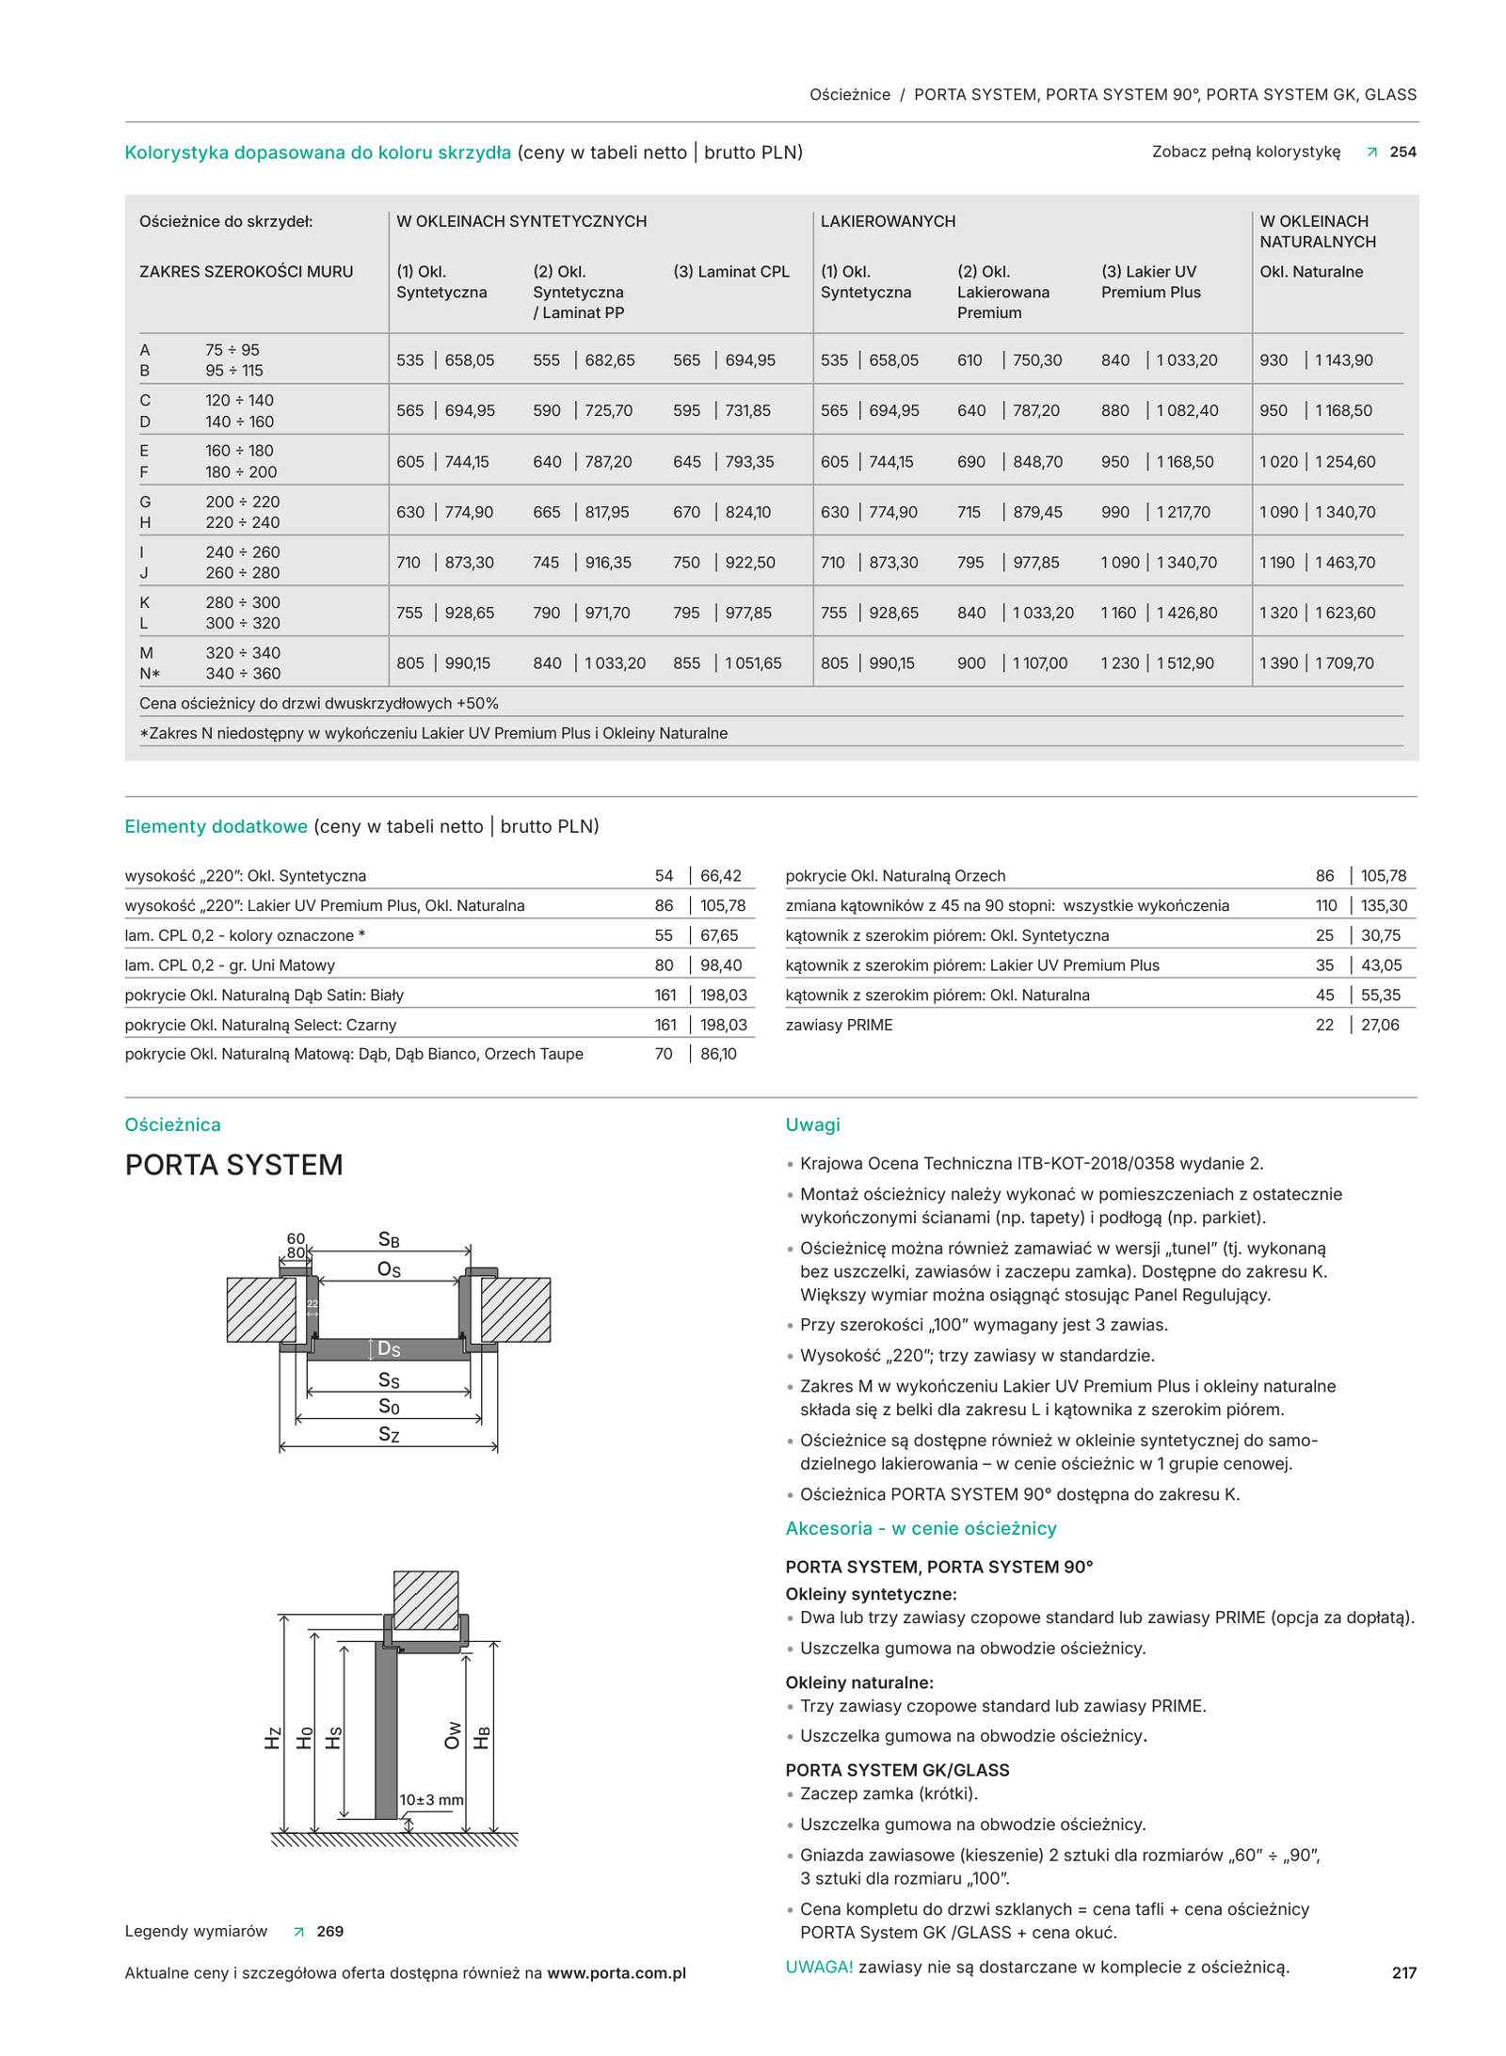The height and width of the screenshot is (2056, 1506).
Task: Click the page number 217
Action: click(x=1403, y=1972)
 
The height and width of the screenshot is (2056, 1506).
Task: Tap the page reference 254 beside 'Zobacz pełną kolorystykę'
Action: click(x=1402, y=151)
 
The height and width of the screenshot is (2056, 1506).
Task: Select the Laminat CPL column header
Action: click(x=730, y=272)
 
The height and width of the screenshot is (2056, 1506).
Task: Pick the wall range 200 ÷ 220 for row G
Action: click(x=242, y=502)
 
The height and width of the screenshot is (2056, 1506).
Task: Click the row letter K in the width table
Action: click(x=145, y=602)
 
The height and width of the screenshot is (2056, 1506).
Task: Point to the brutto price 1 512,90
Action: click(x=1187, y=662)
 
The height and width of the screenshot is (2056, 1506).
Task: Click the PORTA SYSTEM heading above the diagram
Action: click(x=233, y=1165)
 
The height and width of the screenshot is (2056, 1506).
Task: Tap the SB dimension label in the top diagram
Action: click(x=389, y=1239)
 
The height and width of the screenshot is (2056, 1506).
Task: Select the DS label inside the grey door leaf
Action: click(x=389, y=1349)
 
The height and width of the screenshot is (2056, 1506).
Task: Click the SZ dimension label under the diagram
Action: click(x=389, y=1434)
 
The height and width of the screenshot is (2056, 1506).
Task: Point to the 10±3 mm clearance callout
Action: click(x=431, y=1799)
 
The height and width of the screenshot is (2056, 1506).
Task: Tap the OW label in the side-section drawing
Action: click(x=453, y=1735)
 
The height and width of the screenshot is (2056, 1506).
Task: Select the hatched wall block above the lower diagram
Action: click(x=425, y=1600)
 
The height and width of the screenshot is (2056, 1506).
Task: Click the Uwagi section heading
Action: click(x=812, y=1124)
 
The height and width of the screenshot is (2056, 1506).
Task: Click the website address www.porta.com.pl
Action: click(x=616, y=1973)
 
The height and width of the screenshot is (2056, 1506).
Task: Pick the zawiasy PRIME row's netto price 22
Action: click(x=1324, y=1025)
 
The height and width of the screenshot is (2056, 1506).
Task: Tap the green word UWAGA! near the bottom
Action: click(x=819, y=1967)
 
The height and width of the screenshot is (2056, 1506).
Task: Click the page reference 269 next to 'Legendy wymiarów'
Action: click(x=329, y=1931)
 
